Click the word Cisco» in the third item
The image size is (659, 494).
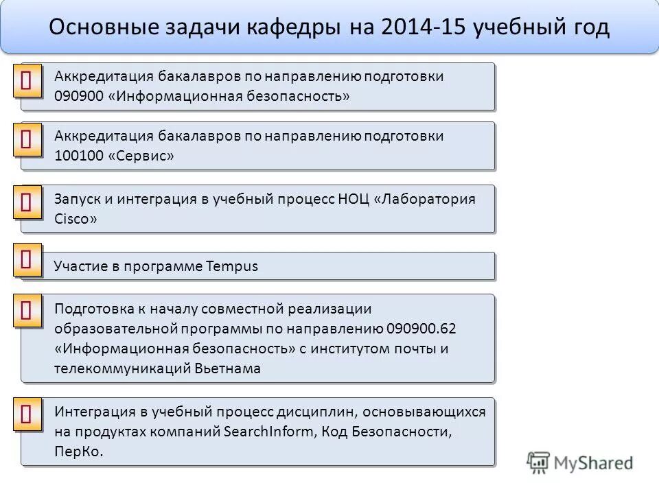pyautogui.click(x=75, y=219)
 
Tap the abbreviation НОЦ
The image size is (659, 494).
pyautogui.click(x=354, y=200)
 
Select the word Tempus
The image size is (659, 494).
pyautogui.click(x=232, y=266)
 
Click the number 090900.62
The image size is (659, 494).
pyautogui.click(x=421, y=329)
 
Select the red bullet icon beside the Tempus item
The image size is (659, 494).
pyautogui.click(x=27, y=260)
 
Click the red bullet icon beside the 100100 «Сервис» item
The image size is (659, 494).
pyautogui.click(x=27, y=140)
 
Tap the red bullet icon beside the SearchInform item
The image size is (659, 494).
pyautogui.click(x=27, y=415)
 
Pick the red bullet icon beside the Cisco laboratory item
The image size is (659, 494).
pyautogui.click(x=27, y=202)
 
